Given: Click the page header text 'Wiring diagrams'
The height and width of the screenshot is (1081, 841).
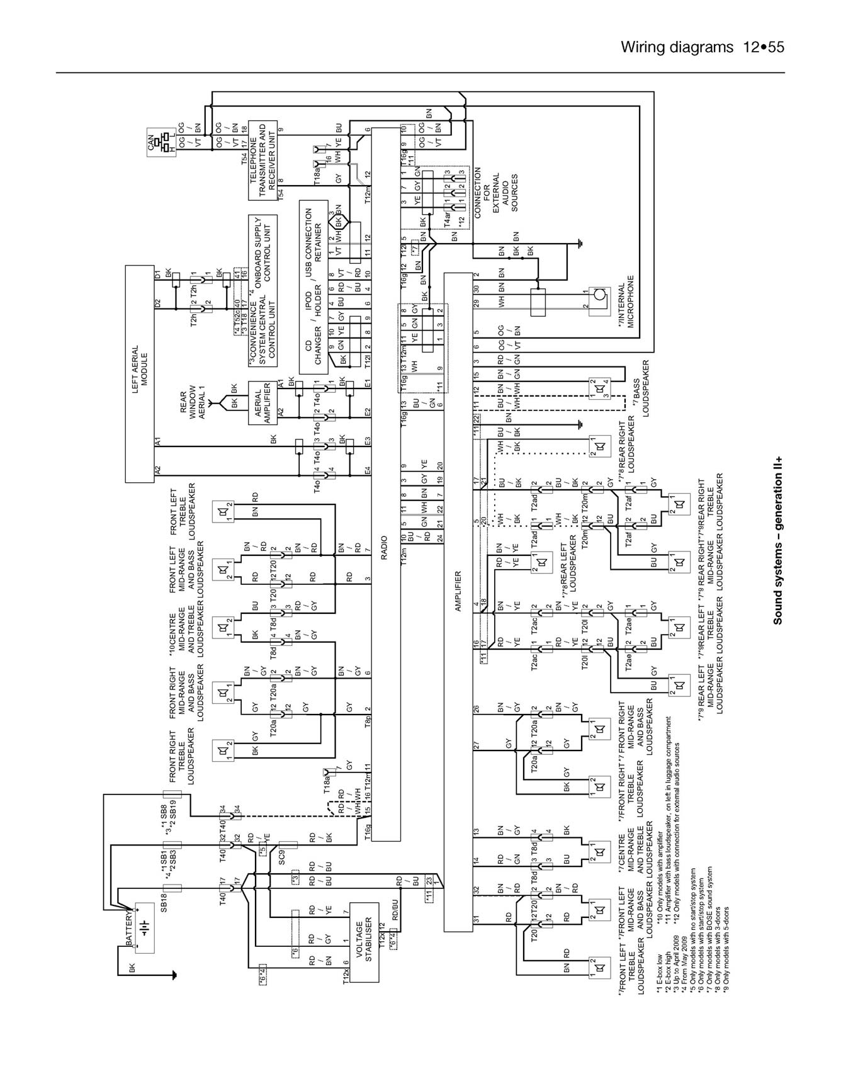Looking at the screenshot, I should (677, 47).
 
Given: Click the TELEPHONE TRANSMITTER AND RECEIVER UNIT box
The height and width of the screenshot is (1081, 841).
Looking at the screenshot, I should (262, 160).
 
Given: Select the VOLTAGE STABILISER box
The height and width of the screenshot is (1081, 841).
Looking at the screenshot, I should (364, 941).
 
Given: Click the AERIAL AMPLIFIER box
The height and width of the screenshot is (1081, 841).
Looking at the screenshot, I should (263, 403).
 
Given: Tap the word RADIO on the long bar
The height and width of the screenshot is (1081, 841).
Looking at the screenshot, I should (383, 548).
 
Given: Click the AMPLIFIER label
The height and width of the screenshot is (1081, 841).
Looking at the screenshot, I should (458, 591).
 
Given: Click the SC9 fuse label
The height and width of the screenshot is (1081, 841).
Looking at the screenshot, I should (283, 857).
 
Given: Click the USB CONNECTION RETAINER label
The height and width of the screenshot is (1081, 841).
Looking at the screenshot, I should (313, 242).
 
